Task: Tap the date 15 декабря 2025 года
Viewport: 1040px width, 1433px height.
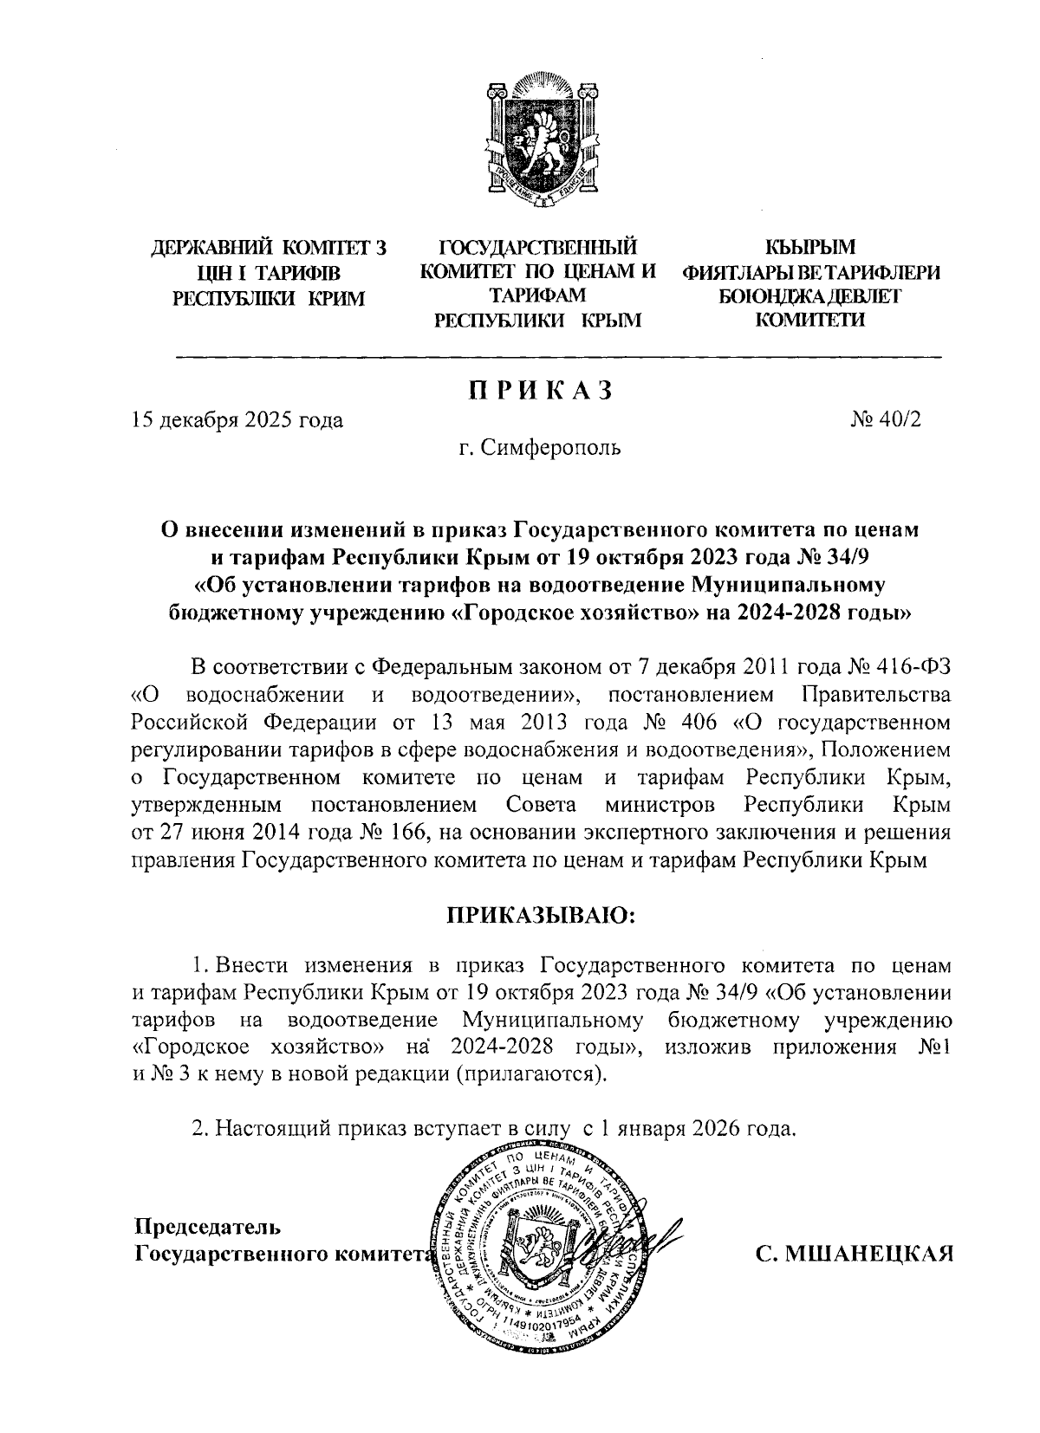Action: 237,421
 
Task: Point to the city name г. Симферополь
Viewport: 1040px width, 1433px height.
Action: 540,448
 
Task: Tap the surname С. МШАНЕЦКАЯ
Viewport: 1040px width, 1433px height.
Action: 853,1255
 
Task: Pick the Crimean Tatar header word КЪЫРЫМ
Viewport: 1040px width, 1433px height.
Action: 812,250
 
